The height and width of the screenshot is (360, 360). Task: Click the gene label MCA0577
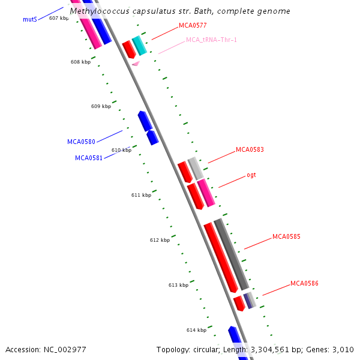click(x=193, y=26)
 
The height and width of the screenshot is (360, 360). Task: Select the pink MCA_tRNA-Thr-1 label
click(x=211, y=40)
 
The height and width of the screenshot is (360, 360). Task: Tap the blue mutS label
click(x=30, y=19)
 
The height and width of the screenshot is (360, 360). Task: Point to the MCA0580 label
click(x=81, y=142)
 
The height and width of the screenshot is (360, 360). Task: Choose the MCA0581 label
click(x=89, y=158)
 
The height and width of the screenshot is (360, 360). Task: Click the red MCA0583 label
click(x=250, y=150)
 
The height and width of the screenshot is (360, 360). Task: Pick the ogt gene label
click(x=251, y=175)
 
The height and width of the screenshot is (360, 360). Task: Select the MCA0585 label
click(x=286, y=236)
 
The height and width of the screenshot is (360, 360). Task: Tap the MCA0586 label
click(x=304, y=283)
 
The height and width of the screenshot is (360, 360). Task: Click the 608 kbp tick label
click(x=80, y=62)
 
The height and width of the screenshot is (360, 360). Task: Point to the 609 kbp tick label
click(x=101, y=106)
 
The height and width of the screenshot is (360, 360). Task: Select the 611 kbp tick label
click(x=141, y=195)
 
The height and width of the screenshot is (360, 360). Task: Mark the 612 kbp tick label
click(x=160, y=240)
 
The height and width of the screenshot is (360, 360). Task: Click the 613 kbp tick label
click(x=178, y=285)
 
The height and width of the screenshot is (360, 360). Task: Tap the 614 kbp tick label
click(x=196, y=330)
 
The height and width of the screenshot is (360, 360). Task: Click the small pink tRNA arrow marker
click(x=136, y=63)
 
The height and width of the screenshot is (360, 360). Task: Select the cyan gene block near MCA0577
click(x=139, y=46)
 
